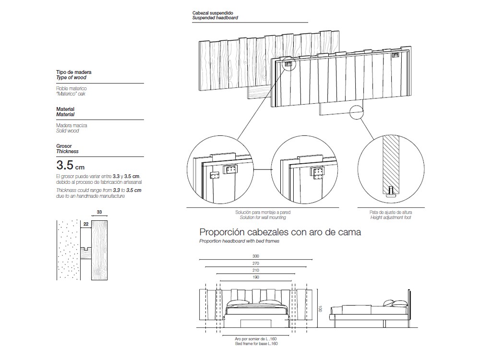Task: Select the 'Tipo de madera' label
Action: [x=73, y=72]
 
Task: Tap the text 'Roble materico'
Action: [x=72, y=89]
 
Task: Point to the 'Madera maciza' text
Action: [x=72, y=125]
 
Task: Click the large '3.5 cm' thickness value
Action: [x=71, y=166]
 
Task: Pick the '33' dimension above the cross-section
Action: [x=99, y=212]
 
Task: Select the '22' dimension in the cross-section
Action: [x=85, y=224]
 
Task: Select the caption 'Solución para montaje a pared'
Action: [x=263, y=212]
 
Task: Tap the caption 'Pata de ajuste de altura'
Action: [x=391, y=212]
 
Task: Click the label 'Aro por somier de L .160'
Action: [x=256, y=339]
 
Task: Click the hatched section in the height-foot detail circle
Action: [x=391, y=161]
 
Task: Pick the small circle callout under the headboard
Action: [x=358, y=112]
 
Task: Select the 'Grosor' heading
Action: [x=64, y=145]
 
